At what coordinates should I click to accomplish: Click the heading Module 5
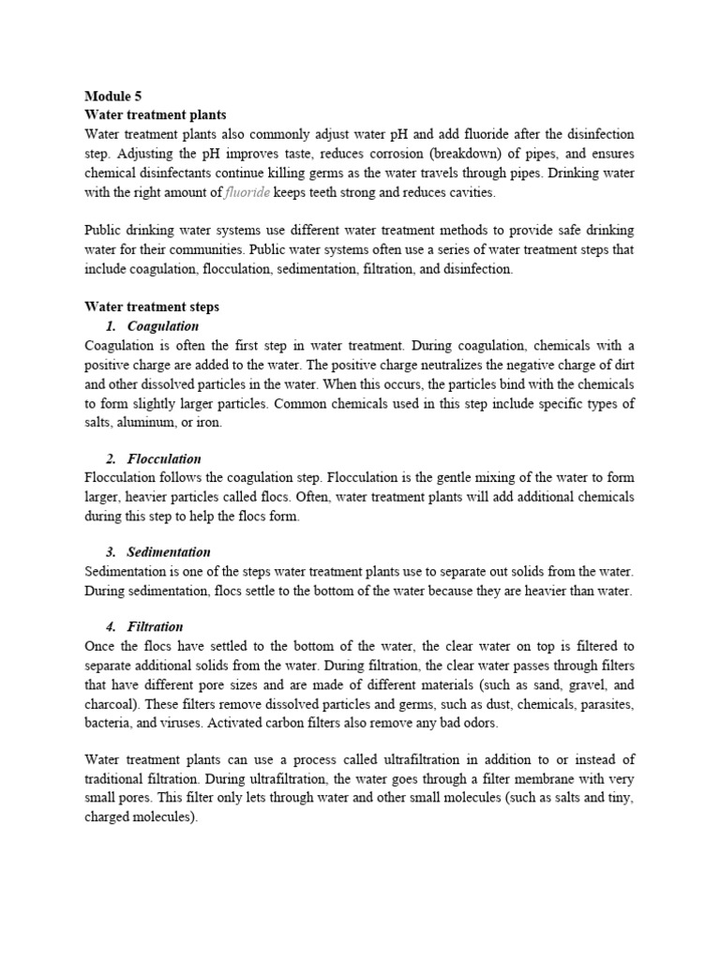pos(113,96)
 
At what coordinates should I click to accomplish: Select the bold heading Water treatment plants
pos(155,114)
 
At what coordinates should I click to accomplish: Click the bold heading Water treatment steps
pos(151,307)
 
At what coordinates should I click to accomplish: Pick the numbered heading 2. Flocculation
pos(153,458)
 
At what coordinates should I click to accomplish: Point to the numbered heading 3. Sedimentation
pos(157,552)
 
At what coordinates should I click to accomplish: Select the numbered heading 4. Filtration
pos(144,626)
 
